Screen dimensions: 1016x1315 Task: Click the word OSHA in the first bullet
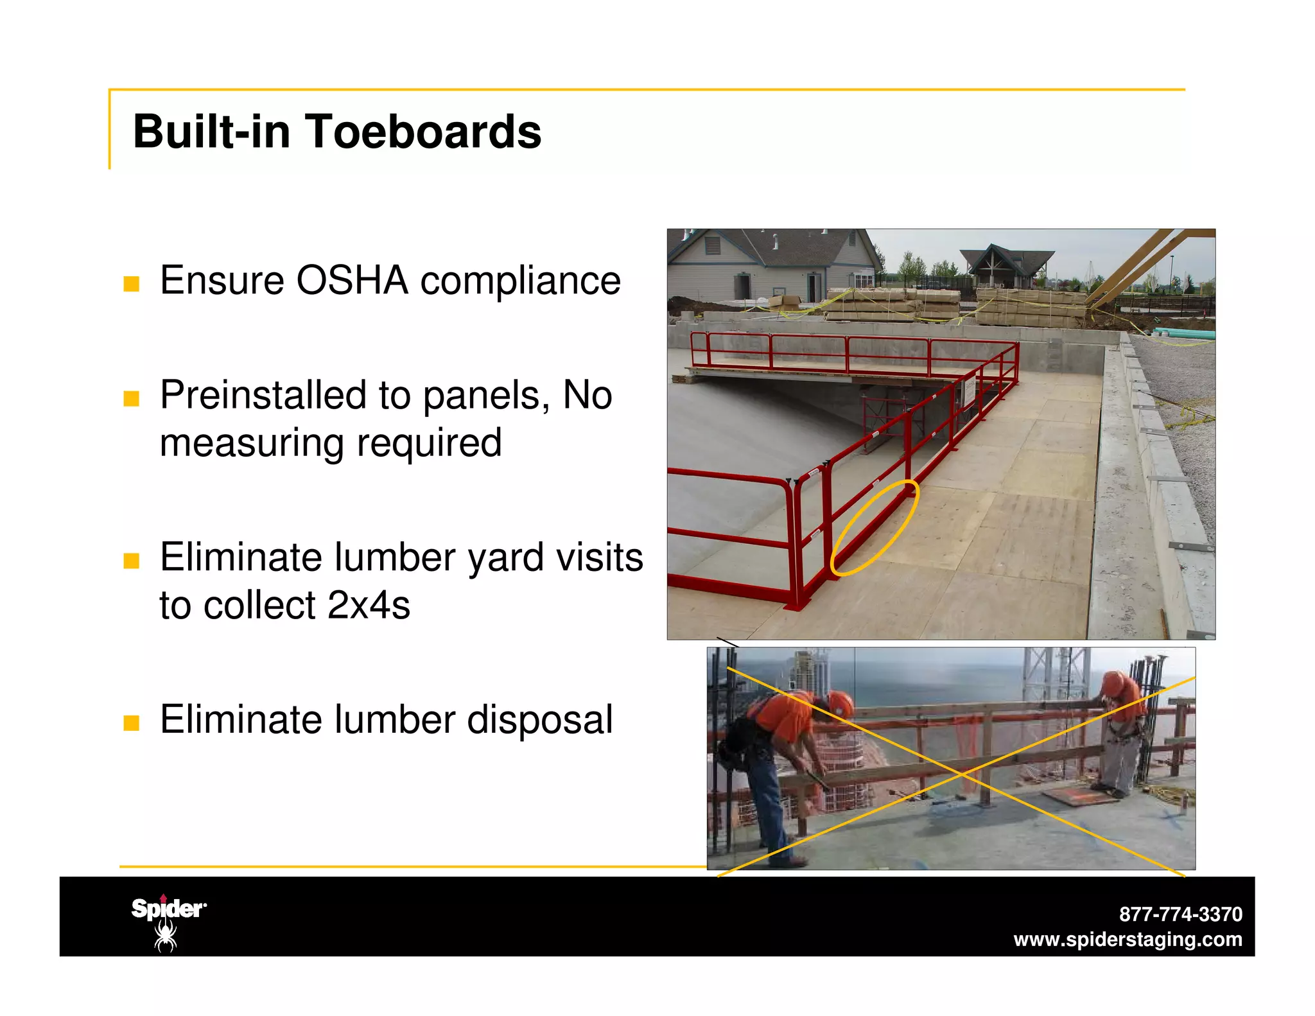pos(352,281)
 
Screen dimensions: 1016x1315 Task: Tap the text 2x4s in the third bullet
pos(369,605)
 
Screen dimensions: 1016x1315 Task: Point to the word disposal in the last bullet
pos(539,719)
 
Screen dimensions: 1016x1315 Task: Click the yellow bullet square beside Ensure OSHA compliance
pos(132,284)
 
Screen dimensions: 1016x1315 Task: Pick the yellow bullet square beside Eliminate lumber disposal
pos(132,723)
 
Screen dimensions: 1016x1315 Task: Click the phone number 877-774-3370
pos(1180,914)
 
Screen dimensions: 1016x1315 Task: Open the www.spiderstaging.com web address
pos(1128,940)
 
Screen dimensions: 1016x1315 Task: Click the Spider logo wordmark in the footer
pos(168,909)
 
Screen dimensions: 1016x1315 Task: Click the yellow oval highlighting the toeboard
pos(875,527)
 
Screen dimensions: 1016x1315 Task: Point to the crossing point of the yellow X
pos(961,775)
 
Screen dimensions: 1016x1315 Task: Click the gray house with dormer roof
pos(771,263)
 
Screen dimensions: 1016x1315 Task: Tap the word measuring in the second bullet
pos(252,443)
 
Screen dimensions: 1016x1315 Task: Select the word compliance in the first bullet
pos(520,281)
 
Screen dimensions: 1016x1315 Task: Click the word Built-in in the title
pos(211,132)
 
